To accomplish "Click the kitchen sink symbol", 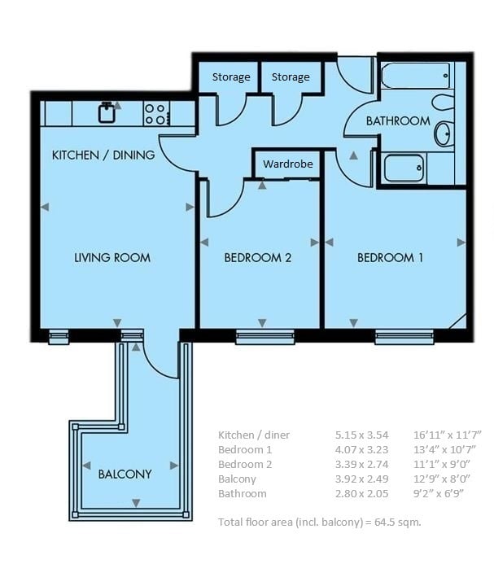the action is tap(107, 112).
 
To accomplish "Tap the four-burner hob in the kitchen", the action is tap(156, 114).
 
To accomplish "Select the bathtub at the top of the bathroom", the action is tap(416, 76).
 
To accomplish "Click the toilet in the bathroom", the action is tap(443, 102).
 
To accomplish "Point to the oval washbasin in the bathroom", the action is tap(444, 133).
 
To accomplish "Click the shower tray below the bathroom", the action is tap(404, 168).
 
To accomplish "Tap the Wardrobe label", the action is tap(288, 164).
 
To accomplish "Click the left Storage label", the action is tap(231, 77).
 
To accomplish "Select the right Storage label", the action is tap(291, 77).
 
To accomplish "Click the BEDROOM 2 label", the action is tap(258, 257).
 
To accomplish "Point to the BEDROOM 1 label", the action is tap(390, 257).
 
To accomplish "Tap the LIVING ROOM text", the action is tap(112, 257).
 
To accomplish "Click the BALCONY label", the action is tap(125, 474).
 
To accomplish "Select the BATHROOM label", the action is tap(398, 121).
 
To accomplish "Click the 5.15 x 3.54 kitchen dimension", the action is tap(361, 435).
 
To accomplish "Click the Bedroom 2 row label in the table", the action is tap(245, 464).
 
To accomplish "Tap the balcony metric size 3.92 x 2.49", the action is tap(361, 479).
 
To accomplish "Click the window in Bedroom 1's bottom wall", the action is tap(404, 337).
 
